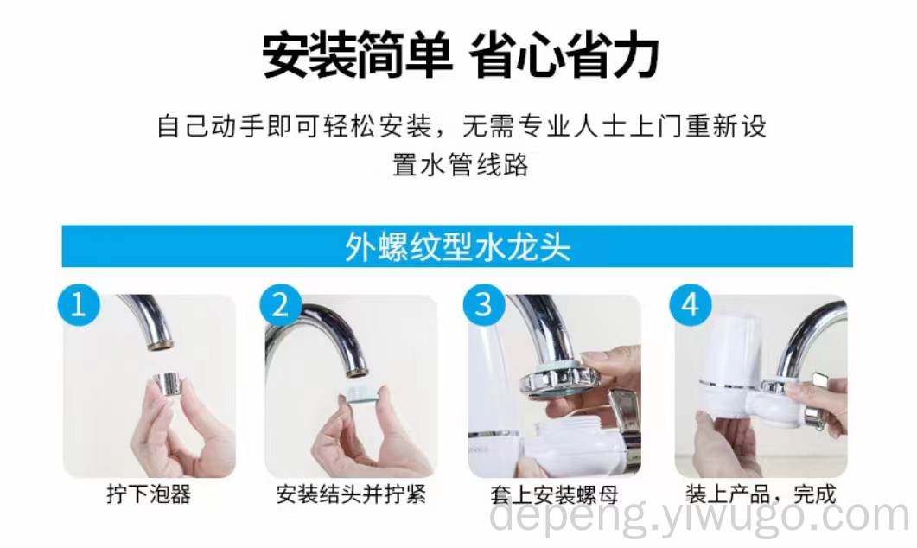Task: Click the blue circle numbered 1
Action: [79, 305]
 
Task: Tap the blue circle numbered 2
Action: [281, 305]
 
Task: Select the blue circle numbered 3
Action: [484, 305]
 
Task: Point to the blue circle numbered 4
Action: [690, 305]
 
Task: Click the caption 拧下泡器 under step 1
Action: [150, 494]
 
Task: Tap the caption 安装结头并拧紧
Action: [351, 494]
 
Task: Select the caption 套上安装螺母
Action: [554, 495]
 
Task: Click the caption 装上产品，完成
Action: [761, 494]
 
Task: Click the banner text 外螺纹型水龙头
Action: [457, 247]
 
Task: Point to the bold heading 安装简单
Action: [357, 55]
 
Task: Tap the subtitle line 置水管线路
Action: [461, 165]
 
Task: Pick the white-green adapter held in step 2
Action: [363, 394]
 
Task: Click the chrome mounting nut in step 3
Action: [560, 378]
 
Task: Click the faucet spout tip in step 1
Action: [159, 344]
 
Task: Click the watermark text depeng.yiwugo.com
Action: [700, 516]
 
